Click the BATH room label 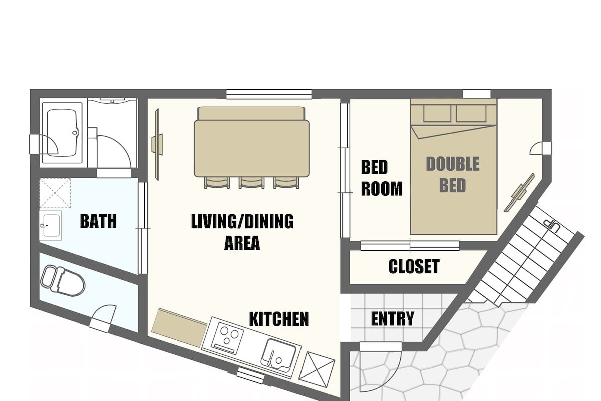98,221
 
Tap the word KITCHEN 279,319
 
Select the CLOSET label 414,266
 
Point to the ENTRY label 393,318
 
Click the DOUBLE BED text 453,175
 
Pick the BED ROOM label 382,178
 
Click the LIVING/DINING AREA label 242,232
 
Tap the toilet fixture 63,281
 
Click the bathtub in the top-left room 62,133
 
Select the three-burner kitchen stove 227,338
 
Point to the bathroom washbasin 51,225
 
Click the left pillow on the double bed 437,113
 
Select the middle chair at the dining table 251,182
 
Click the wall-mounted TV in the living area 157,144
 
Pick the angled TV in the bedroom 520,192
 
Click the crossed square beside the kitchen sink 317,369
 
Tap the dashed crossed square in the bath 55,193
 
